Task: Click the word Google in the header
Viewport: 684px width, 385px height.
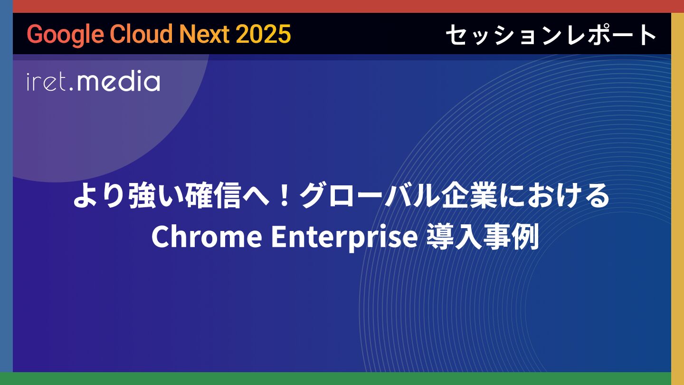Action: coord(66,35)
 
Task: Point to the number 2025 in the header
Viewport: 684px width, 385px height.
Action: coord(263,34)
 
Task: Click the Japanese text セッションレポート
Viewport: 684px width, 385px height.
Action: coord(551,35)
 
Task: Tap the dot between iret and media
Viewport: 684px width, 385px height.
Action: coord(71,89)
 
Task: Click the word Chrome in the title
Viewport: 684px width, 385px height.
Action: coord(207,237)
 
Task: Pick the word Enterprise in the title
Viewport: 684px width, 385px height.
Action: coord(344,238)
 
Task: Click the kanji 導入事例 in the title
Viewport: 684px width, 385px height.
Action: coord(483,237)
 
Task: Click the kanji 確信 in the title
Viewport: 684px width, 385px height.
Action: coord(213,196)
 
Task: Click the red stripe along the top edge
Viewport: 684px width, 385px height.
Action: coord(342,6)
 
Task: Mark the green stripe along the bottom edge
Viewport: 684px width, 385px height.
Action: coord(342,378)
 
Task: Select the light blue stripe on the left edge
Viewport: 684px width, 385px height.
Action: coord(7,186)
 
